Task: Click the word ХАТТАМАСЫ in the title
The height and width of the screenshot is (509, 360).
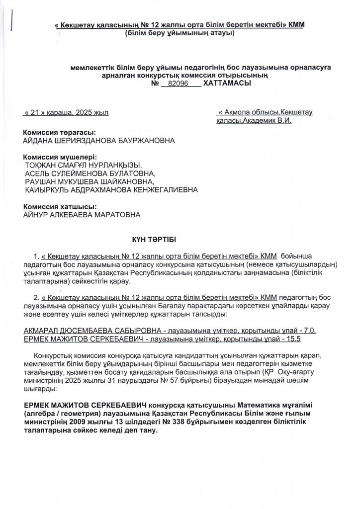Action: tap(227, 84)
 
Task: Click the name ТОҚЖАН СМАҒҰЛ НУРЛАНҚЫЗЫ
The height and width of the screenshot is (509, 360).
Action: tap(83, 166)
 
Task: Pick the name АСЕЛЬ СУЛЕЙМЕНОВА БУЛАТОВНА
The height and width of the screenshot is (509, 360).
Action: tap(90, 174)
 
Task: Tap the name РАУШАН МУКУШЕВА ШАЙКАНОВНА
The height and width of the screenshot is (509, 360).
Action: tap(86, 182)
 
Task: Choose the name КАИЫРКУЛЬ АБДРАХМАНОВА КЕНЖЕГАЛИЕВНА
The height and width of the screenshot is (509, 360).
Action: tap(111, 190)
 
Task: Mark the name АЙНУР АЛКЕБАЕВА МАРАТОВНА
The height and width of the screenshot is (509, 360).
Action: tap(82, 215)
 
